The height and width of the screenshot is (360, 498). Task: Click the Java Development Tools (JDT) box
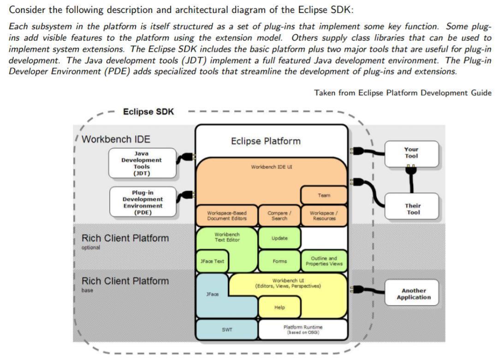(x=142, y=163)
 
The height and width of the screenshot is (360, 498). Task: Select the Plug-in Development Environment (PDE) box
(x=142, y=202)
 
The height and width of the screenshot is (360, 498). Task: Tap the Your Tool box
(x=411, y=153)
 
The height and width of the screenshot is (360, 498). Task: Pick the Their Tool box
(x=413, y=209)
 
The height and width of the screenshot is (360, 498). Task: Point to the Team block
(x=324, y=195)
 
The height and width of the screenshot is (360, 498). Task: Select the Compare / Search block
(x=279, y=216)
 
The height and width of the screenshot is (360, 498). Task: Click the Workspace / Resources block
(x=324, y=216)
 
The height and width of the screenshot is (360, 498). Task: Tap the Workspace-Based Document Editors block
(x=226, y=216)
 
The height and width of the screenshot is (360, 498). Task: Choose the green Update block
(x=279, y=238)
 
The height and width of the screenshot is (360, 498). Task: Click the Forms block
(x=279, y=261)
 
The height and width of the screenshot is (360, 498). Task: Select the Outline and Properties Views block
(x=324, y=261)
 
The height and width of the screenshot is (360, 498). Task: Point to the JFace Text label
(x=212, y=261)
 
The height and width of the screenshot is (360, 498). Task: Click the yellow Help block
(x=279, y=307)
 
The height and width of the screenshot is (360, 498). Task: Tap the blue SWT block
(x=227, y=330)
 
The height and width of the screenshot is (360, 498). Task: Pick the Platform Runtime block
(x=302, y=330)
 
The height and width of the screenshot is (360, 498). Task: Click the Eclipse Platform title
(x=266, y=141)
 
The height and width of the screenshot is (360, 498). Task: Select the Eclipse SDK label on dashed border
(x=148, y=112)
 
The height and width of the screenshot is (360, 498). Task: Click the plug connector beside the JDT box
(x=187, y=157)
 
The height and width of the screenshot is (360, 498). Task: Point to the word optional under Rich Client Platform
(x=91, y=248)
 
